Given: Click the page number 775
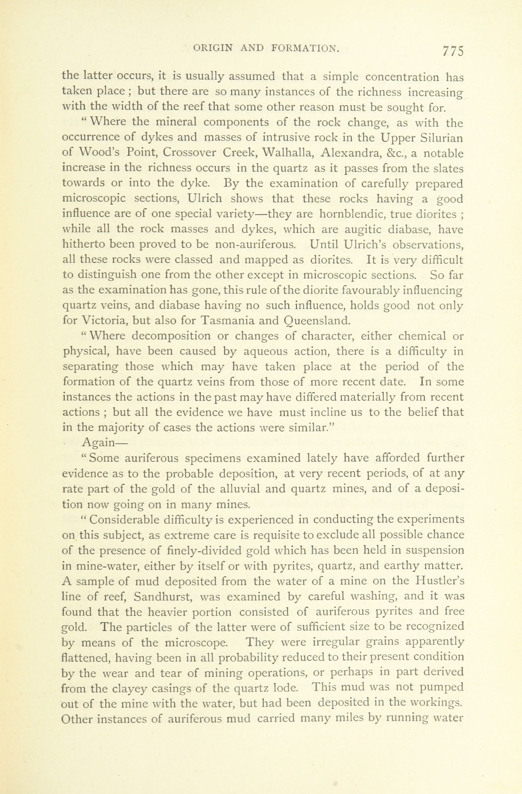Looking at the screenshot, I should click(x=453, y=51).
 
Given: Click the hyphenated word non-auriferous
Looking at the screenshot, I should click(x=255, y=245).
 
